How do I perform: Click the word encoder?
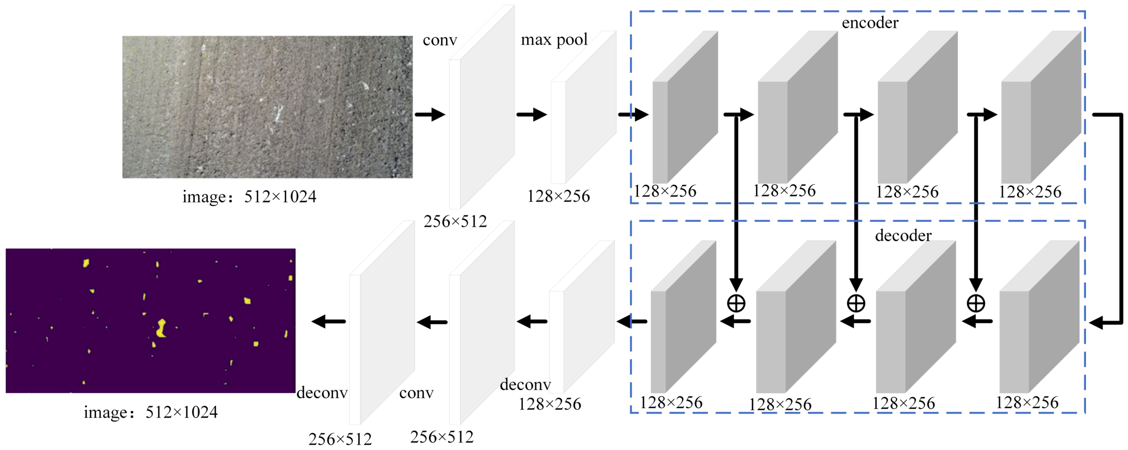(869, 23)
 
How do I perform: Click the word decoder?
(903, 236)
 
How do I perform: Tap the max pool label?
(554, 40)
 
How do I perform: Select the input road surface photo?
(267, 107)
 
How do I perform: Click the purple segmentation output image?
(150, 320)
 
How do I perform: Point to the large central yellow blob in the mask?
(161, 328)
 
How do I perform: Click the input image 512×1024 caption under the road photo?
(249, 197)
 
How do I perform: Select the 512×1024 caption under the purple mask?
(150, 412)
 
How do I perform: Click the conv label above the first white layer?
(439, 41)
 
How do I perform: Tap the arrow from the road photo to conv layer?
(430, 115)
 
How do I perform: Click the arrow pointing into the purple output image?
(328, 321)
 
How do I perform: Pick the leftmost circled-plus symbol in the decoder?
(736, 303)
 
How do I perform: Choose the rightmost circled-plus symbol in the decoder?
(975, 303)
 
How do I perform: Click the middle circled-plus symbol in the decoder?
(856, 303)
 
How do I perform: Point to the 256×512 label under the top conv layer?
(455, 221)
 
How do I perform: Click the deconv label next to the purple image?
(322, 393)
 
